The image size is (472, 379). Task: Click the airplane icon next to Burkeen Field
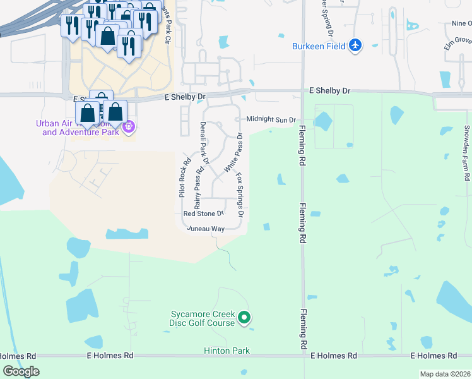(356, 45)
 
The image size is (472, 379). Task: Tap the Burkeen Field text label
(319, 46)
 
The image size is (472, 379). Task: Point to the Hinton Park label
(227, 351)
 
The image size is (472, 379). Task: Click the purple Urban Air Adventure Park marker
(129, 126)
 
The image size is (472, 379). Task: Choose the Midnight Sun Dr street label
(271, 119)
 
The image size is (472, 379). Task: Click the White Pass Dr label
(231, 153)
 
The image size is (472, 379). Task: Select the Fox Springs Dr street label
(240, 195)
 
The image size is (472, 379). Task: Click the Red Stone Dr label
(203, 214)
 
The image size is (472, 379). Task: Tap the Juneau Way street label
(205, 229)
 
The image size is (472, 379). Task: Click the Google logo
(21, 371)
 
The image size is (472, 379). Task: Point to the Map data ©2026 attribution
(445, 374)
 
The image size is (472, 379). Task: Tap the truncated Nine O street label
(461, 23)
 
